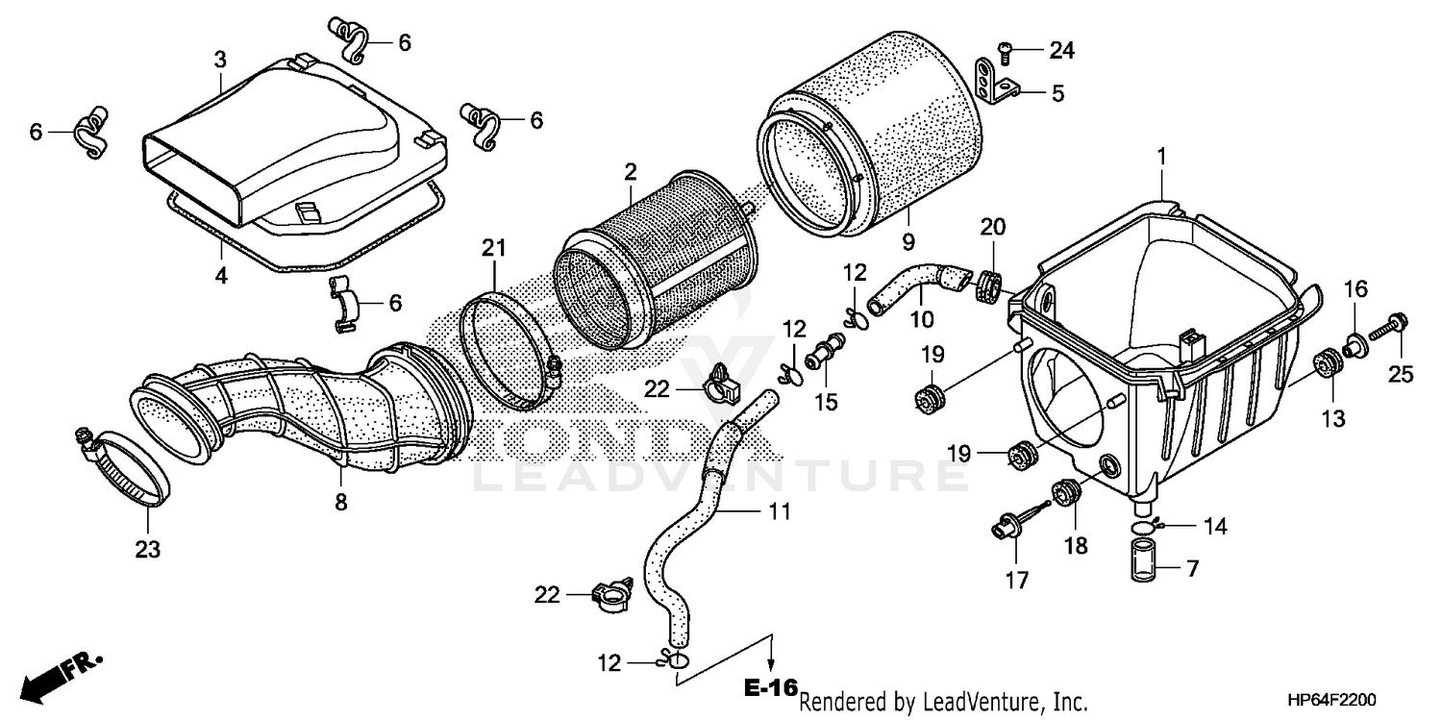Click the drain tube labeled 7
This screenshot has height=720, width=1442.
(1141, 561)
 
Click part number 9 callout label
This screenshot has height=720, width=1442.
(908, 238)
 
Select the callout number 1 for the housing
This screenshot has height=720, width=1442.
(1161, 154)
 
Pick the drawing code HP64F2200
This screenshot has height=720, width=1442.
(1366, 701)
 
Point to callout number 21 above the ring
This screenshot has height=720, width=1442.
(493, 249)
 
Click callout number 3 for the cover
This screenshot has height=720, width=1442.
(220, 60)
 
